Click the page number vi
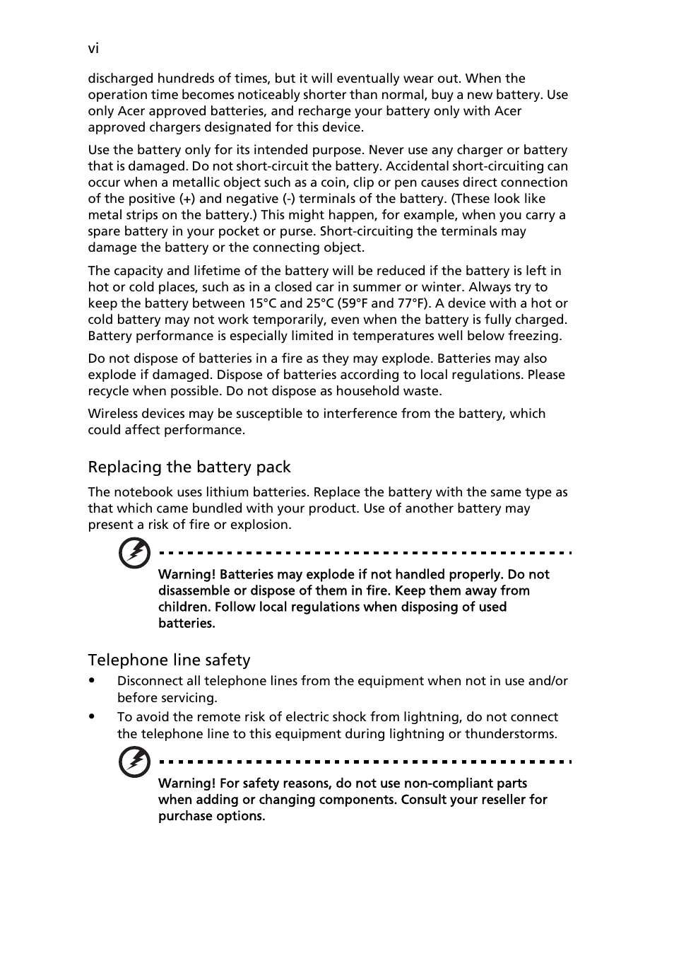click(93, 48)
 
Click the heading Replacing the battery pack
click(189, 467)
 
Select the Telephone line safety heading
click(169, 660)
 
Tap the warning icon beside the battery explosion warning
click(134, 553)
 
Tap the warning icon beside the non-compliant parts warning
click(134, 762)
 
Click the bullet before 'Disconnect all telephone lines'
click(93, 681)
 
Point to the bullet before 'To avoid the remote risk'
click(93, 717)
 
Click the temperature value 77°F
click(411, 303)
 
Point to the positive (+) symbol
click(187, 199)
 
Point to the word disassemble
click(194, 590)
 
